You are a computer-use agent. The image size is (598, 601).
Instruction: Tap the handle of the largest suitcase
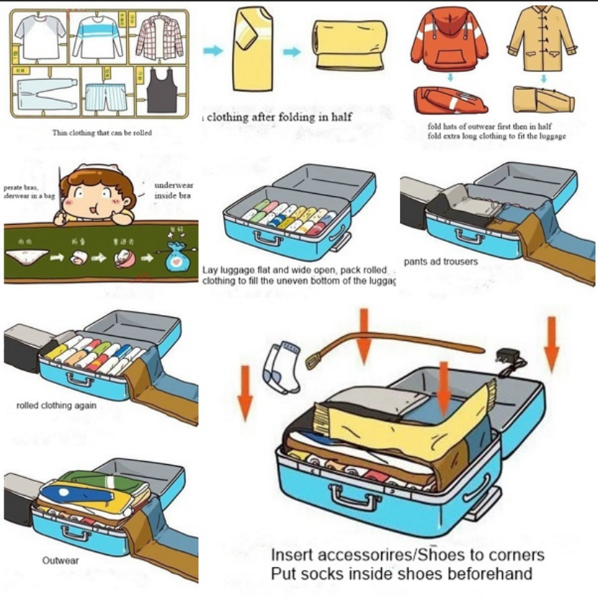point(353,497)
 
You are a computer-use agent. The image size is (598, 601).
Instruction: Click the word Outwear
point(61,560)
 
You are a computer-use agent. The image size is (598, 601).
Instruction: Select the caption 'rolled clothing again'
point(56,406)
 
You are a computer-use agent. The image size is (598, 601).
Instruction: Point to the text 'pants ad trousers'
point(440,262)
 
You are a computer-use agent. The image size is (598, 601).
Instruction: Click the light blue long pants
point(45,94)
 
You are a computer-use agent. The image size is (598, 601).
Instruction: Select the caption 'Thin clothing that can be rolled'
point(102,133)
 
